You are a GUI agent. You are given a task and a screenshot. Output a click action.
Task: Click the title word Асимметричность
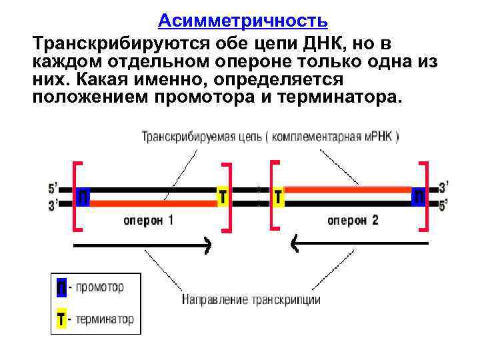pyautogui.click(x=243, y=21)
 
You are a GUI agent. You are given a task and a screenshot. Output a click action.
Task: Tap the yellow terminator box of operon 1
pyautogui.click(x=223, y=196)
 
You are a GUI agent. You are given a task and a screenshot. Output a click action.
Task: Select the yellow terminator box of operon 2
pyautogui.click(x=278, y=197)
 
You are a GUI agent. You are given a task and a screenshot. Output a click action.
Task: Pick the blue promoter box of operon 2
pyautogui.click(x=419, y=197)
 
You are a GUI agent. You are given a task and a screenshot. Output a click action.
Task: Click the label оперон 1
pyautogui.click(x=148, y=220)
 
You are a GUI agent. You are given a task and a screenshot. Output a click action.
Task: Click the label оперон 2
pyautogui.click(x=353, y=220)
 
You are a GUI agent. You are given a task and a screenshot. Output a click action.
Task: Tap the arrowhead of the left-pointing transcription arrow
pyautogui.click(x=295, y=246)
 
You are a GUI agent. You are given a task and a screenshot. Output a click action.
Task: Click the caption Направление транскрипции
pyautogui.click(x=251, y=299)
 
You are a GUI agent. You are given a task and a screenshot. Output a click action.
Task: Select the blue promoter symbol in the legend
pyautogui.click(x=61, y=288)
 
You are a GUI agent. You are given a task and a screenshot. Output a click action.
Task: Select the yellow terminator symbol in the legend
pyautogui.click(x=61, y=319)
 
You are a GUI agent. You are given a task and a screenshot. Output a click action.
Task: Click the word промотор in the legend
pyautogui.click(x=99, y=288)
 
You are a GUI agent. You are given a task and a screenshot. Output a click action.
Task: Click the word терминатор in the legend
pyautogui.click(x=105, y=319)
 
